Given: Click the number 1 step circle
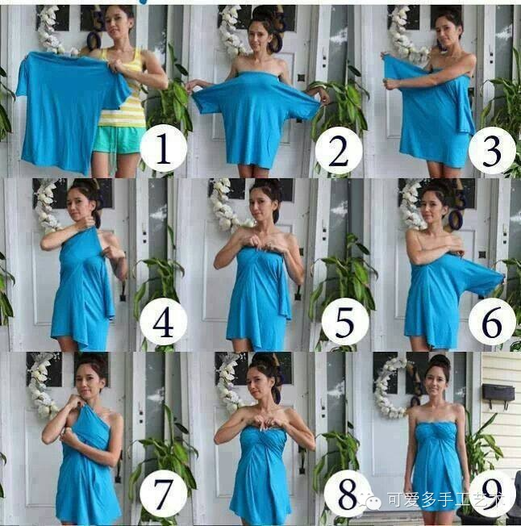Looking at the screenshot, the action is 163,148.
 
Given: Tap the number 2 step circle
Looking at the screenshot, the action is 339,149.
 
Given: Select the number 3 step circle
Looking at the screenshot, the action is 492,150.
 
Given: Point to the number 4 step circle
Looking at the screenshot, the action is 163,322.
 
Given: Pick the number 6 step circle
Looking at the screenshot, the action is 492,322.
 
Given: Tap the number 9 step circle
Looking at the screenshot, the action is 492,492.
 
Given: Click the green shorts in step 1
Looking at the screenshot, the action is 119,140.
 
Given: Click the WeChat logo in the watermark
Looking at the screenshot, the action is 371,500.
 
